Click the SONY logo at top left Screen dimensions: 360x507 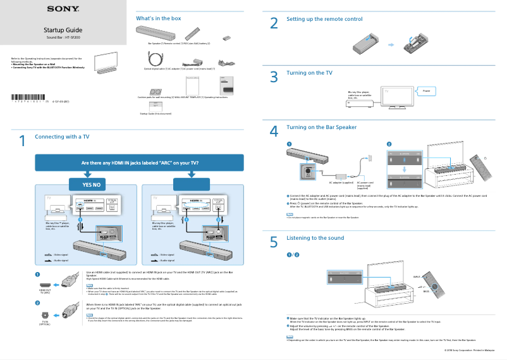pyautogui.click(x=63, y=9)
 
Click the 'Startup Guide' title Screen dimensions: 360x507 pyautogui.click(x=63, y=30)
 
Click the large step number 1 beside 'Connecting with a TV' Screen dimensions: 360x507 pyautogui.click(x=22, y=141)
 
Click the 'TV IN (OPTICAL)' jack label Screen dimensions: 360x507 pyautogui.click(x=44, y=323)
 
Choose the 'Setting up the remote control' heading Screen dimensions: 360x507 pyautogui.click(x=324, y=19)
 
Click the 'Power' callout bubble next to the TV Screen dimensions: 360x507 pyautogui.click(x=427, y=92)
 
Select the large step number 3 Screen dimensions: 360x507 pyautogui.click(x=274, y=77)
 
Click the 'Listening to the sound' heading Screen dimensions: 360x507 pyautogui.click(x=315, y=238)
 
